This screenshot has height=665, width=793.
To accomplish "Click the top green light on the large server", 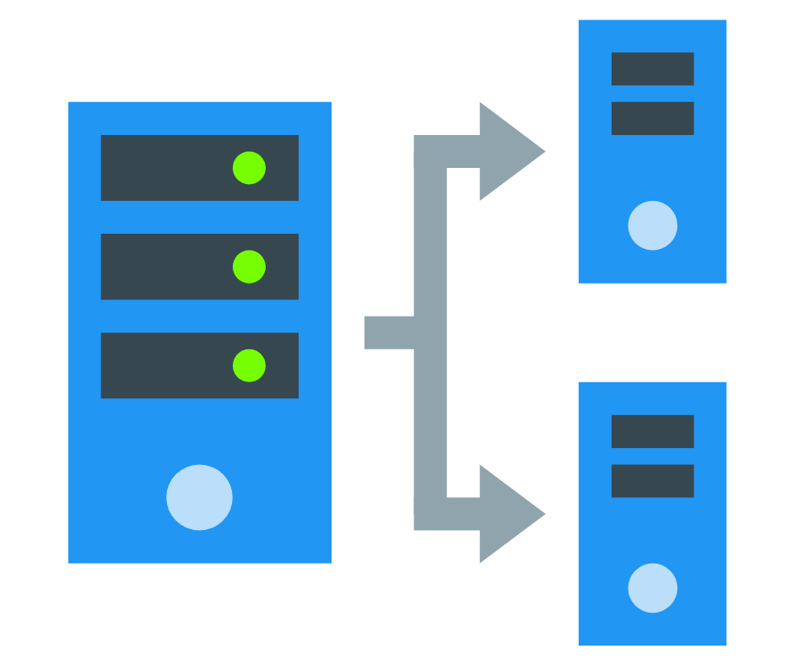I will (x=249, y=168).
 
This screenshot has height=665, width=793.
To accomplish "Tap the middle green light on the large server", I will (x=249, y=267).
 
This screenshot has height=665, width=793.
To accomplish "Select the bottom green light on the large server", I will (x=249, y=365).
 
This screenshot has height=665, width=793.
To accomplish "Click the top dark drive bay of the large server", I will (x=169, y=168).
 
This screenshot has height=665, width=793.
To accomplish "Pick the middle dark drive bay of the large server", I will (x=169, y=267).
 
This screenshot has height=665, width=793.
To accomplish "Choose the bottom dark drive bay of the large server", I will (x=169, y=365).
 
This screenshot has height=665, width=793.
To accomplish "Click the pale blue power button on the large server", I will (x=199, y=497).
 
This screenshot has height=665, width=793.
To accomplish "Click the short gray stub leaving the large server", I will (x=388, y=332).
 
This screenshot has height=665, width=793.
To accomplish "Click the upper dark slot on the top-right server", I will (x=652, y=69).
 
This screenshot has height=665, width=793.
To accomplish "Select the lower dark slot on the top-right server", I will (x=652, y=118).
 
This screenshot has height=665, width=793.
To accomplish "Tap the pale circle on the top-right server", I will (x=652, y=225).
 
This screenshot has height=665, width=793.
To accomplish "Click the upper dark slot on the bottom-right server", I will (x=652, y=431).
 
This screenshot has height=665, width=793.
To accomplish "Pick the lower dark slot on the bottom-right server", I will (x=652, y=481).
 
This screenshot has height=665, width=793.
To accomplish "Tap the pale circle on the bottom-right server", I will (x=652, y=588).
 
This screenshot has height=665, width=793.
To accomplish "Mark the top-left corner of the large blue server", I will (x=70, y=104).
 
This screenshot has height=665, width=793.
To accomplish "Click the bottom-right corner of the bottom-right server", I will (x=725, y=644).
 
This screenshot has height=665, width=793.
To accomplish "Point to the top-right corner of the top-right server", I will (x=725, y=22).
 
